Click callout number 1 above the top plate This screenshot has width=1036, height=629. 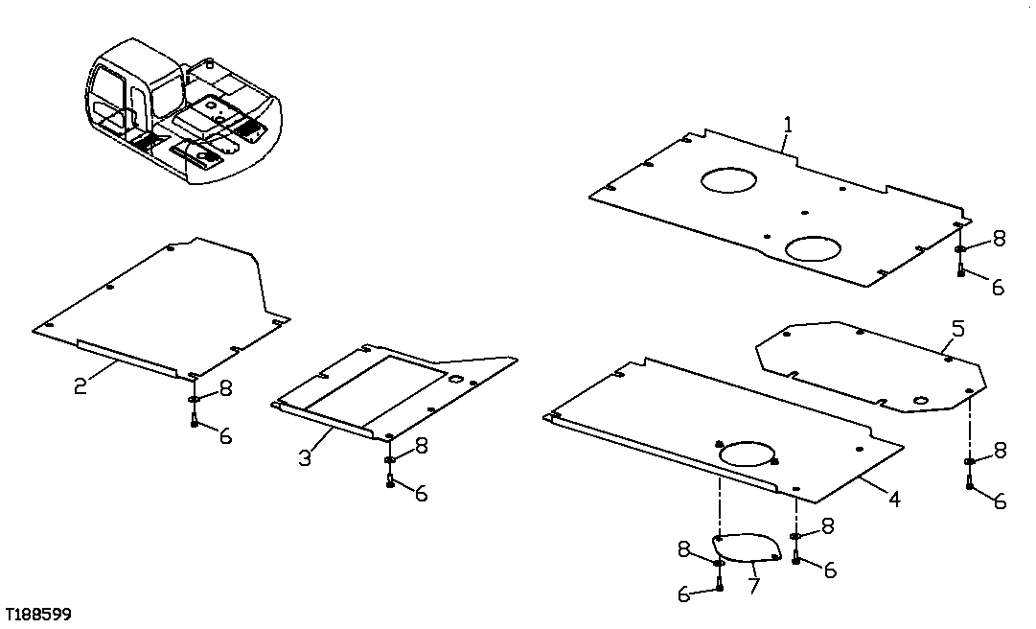tap(787, 125)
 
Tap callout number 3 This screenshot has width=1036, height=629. tap(305, 457)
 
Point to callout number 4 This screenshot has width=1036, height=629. tap(892, 498)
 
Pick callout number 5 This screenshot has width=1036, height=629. tap(957, 329)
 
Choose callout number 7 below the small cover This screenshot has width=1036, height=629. tap(754, 584)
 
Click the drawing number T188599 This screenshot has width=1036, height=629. tap(36, 614)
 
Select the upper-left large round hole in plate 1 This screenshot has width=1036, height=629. tap(727, 179)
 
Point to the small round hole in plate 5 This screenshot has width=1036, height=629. tap(920, 399)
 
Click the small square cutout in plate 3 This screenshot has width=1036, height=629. tap(456, 380)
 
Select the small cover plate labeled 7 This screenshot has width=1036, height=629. tap(746, 548)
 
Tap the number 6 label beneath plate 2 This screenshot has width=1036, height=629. tap(225, 435)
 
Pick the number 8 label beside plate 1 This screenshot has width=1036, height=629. tap(999, 239)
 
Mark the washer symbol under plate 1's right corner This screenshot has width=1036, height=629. tap(959, 249)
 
